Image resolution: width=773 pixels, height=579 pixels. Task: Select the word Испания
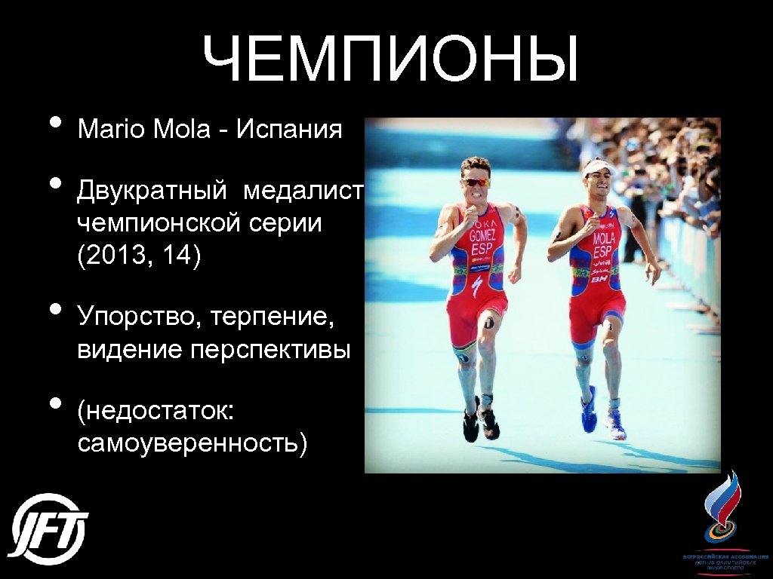pyautogui.click(x=290, y=130)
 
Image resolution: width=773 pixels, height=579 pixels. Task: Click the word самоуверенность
pyautogui.click(x=192, y=443)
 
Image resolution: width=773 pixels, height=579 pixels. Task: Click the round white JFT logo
pyautogui.click(x=50, y=529)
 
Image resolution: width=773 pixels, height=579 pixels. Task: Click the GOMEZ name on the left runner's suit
pyautogui.click(x=482, y=236)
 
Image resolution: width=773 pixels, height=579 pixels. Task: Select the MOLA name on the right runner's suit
pyautogui.click(x=604, y=239)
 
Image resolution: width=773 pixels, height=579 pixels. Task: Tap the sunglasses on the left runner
pyautogui.click(x=476, y=182)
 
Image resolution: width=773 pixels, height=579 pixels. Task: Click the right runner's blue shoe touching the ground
pyautogui.click(x=615, y=425)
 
